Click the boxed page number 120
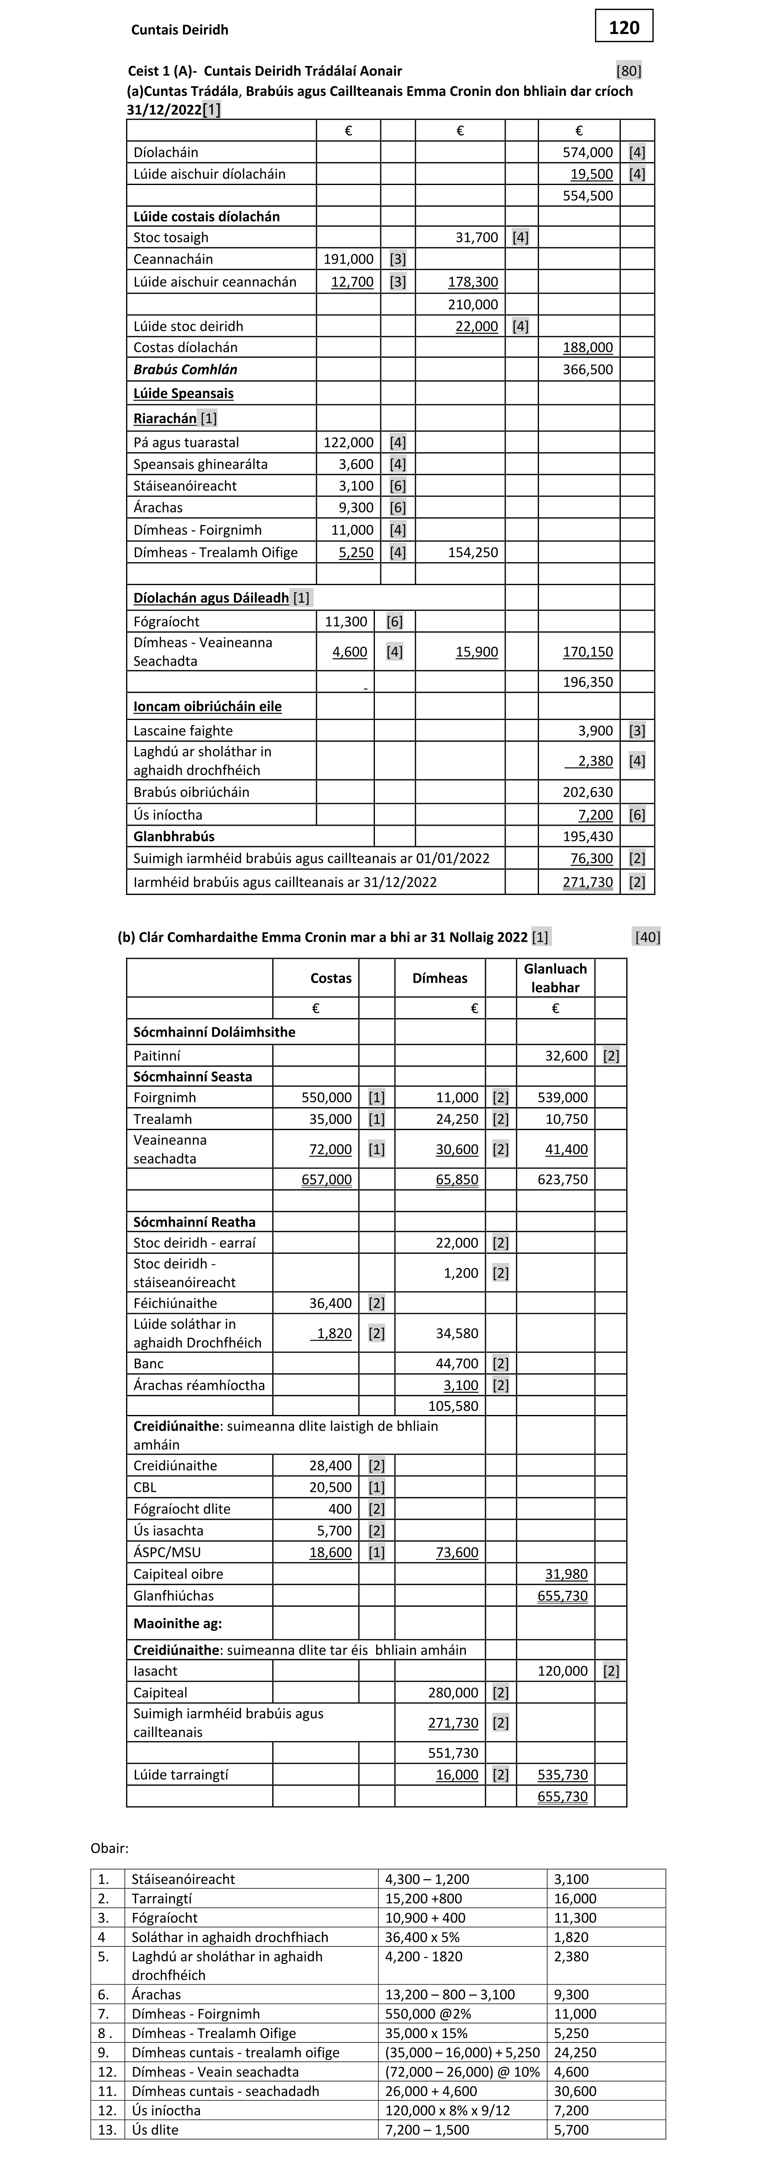pyautogui.click(x=624, y=27)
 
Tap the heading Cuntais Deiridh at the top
pyautogui.click(x=180, y=30)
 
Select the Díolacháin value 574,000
pyautogui.click(x=588, y=152)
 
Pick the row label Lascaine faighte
pyautogui.click(x=183, y=730)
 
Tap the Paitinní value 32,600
pyautogui.click(x=562, y=1055)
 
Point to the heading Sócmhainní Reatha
pyautogui.click(x=194, y=1222)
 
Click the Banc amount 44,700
pyautogui.click(x=456, y=1363)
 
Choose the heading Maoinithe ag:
pyautogui.click(x=178, y=1623)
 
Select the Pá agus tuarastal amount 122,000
pyautogui.click(x=348, y=442)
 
